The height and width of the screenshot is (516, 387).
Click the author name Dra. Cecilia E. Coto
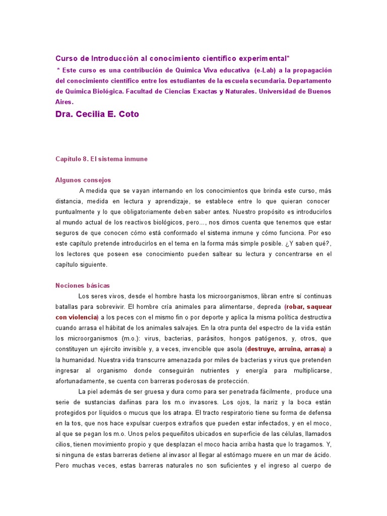(97, 114)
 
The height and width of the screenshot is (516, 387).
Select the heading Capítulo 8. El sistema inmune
(101, 159)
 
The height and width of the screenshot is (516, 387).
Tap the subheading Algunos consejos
(83, 180)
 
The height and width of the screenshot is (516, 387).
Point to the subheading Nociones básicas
(82, 285)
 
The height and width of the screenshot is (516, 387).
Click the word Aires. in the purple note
(64, 101)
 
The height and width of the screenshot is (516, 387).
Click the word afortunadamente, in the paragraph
(83, 380)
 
